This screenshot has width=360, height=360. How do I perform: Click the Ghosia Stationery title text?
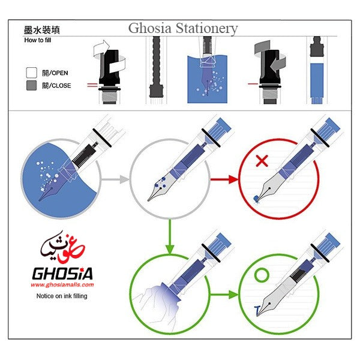[x=183, y=28]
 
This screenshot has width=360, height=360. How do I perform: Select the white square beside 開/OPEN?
[x=32, y=73]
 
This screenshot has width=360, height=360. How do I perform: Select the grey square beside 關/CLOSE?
[x=32, y=85]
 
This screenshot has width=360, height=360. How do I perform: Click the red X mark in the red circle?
[x=261, y=161]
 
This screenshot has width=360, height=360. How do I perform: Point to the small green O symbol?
[x=261, y=276]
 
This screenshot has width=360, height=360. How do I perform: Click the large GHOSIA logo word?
[x=62, y=273]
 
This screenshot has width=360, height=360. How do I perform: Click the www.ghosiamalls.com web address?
[x=62, y=285]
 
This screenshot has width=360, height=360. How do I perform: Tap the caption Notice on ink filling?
[x=61, y=296]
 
